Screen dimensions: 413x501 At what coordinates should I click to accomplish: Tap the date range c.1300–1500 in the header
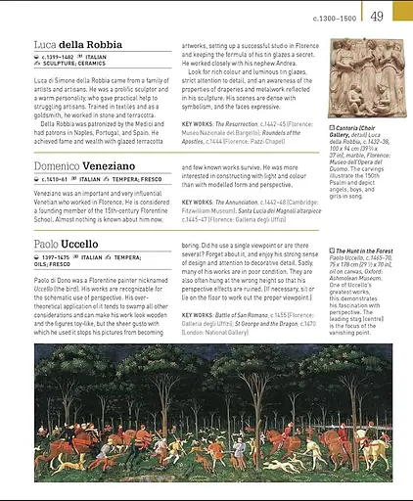pos(336,16)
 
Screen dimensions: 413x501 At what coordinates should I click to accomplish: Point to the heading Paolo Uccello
pos(66,244)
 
